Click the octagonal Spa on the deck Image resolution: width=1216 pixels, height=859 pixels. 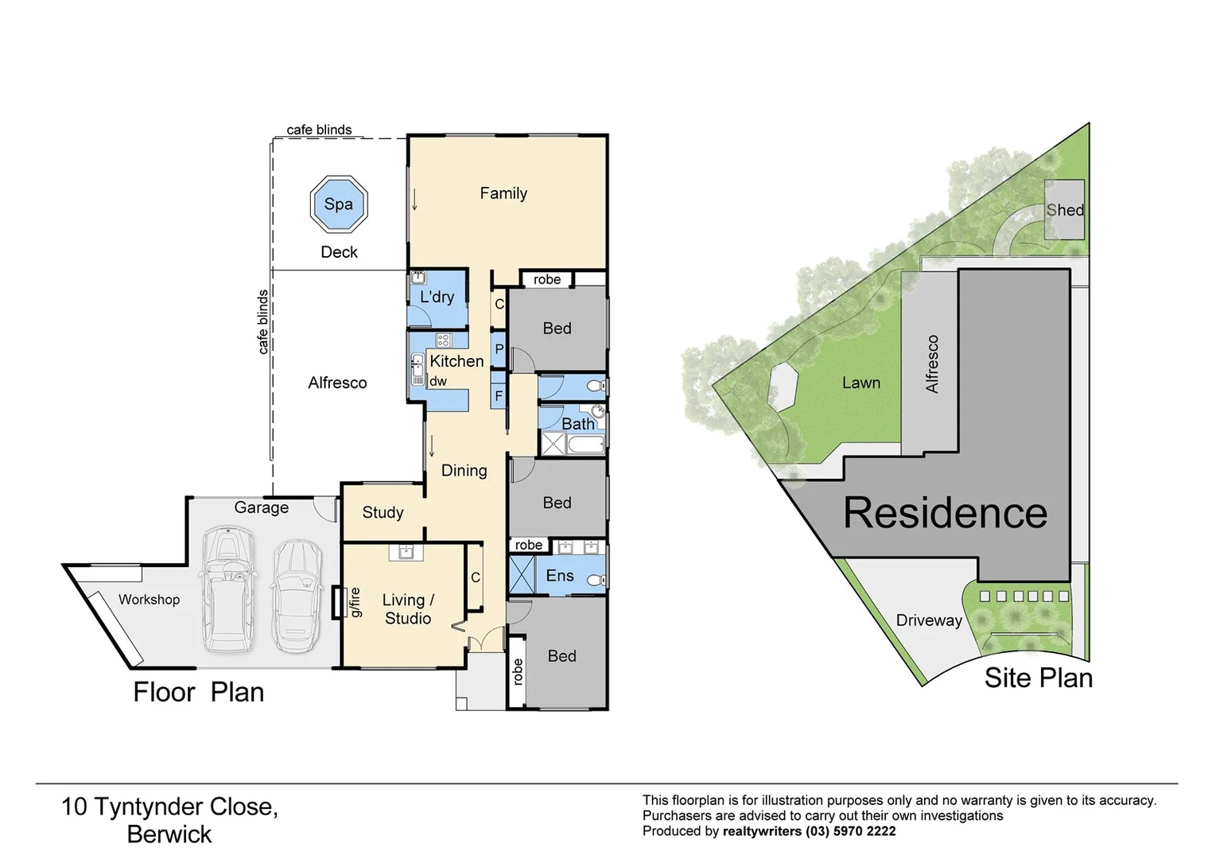(x=338, y=204)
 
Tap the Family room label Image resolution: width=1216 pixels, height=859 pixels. (x=503, y=193)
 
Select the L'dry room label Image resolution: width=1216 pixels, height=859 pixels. (x=437, y=297)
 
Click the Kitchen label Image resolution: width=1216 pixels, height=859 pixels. (x=456, y=361)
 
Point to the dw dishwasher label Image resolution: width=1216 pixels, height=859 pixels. (x=438, y=381)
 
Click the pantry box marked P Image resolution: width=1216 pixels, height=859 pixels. (x=499, y=349)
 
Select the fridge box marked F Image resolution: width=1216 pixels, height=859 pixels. (x=499, y=395)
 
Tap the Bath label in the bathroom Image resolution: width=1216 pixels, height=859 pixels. (x=577, y=424)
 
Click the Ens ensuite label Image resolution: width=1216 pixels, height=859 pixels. (x=559, y=576)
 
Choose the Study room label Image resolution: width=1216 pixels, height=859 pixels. (x=383, y=513)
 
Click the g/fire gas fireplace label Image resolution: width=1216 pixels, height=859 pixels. (x=355, y=602)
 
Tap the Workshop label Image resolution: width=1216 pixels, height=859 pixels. (x=149, y=600)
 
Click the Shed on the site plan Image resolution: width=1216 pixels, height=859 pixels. (x=1064, y=210)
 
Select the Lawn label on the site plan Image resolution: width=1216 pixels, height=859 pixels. (x=861, y=383)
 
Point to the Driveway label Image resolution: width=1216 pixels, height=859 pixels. (x=928, y=620)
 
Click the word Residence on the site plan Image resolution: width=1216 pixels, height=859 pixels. (x=945, y=513)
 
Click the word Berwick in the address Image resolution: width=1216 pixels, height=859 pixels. (x=169, y=834)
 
